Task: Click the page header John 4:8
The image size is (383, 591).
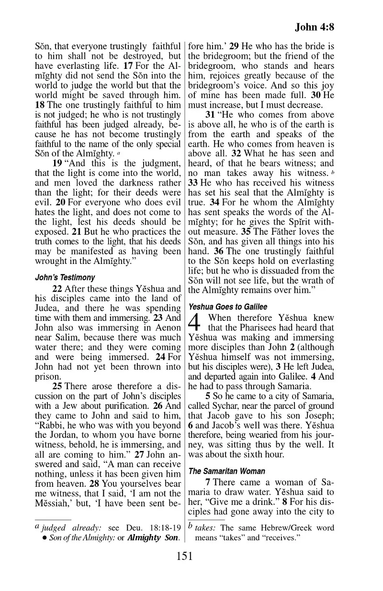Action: click(x=314, y=27)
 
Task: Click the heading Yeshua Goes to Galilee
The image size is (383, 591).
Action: click(x=227, y=307)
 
